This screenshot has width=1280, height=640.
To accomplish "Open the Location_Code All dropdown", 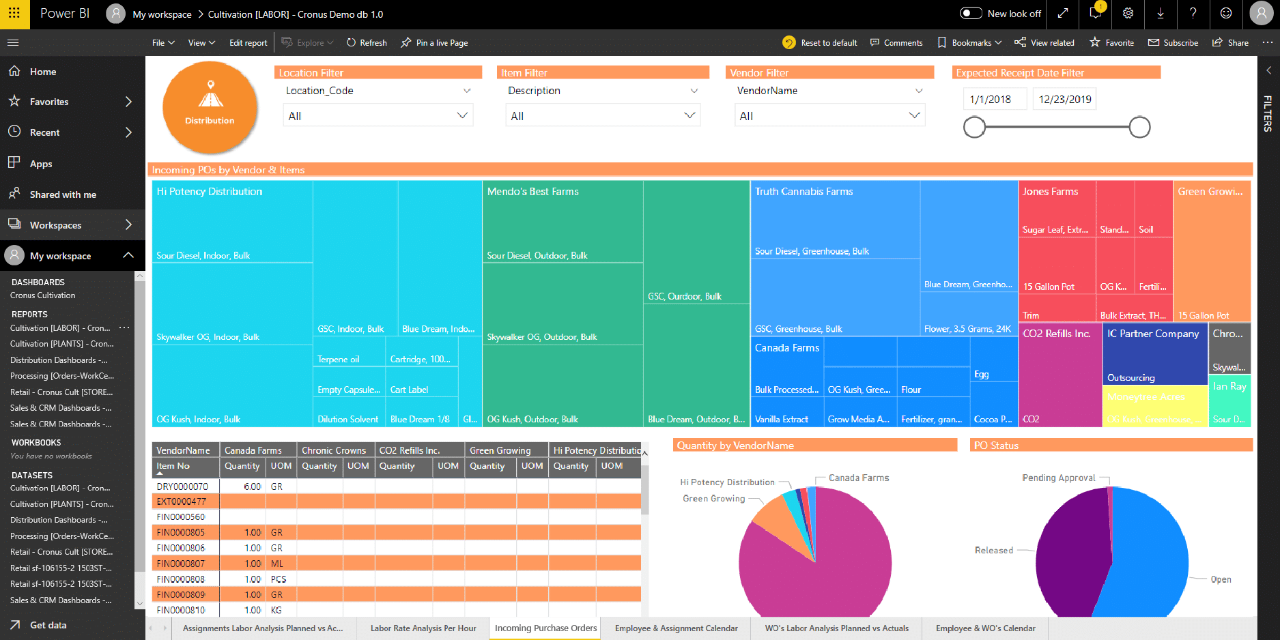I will coord(378,116).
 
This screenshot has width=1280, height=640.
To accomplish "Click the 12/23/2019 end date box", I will coord(1064,100).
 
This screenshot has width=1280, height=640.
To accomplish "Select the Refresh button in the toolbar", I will coord(367,43).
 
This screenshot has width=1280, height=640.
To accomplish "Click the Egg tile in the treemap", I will coord(981,375).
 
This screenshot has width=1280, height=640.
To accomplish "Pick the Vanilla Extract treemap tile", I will coord(782,420).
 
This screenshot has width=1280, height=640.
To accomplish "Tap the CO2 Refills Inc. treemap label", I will coord(1056,334).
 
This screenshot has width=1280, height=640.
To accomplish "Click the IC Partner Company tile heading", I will coord(1152,334).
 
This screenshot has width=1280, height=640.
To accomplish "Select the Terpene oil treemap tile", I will coord(339,360).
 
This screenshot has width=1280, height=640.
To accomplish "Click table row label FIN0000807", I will coord(181,564).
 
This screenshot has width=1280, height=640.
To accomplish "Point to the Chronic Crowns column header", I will coord(334,450).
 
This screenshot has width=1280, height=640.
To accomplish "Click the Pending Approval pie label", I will coord(1058,478).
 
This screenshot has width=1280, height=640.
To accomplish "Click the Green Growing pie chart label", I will coord(713,499).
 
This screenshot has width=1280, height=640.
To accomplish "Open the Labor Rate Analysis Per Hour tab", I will coord(423,628).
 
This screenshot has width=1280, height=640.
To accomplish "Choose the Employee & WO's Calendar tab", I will coord(985,628).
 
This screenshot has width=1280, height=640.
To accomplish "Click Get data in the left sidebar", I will coord(48,625).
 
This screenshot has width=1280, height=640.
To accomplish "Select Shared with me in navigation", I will coord(63,194).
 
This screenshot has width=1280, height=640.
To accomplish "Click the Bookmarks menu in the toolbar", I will coord(971,43).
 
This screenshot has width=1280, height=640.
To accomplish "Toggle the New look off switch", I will coord(970,14).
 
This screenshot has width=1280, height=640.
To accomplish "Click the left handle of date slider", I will coord(974,127).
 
